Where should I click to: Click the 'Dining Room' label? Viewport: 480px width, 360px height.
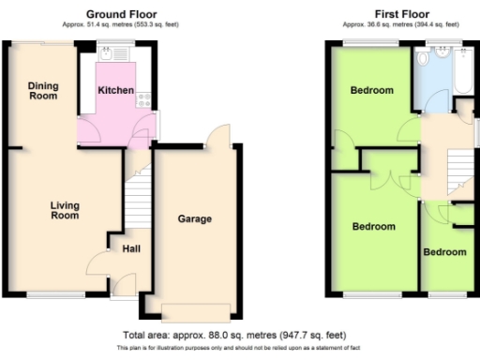coord(43,91)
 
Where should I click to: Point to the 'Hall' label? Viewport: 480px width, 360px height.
coord(130,248)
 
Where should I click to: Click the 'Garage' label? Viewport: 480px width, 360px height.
coord(195,219)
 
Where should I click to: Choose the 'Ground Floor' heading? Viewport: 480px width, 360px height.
coord(121,14)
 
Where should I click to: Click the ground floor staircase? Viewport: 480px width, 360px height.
coord(137,199)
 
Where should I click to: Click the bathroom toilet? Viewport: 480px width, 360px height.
coord(424,59)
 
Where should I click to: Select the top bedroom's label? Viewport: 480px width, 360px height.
coord(371,91)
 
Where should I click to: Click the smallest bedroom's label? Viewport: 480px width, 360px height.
coord(443,252)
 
